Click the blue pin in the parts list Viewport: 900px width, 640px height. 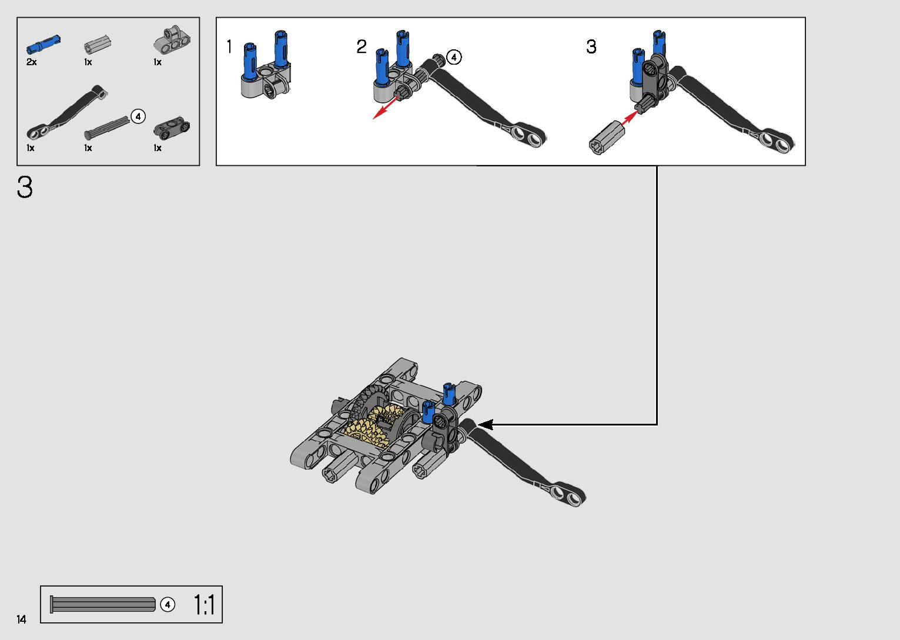point(44,45)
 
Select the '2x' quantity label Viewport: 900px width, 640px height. point(31,62)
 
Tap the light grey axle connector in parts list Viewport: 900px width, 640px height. point(97,44)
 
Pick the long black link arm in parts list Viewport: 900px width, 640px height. point(66,112)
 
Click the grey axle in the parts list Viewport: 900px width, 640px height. point(107,128)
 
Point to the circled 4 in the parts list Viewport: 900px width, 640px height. point(138,116)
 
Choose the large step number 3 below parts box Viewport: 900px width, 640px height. point(25,187)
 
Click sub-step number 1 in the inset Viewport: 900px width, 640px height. point(229,46)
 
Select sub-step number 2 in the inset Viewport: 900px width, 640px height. point(361,46)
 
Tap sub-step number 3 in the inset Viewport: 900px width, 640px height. point(591,46)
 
